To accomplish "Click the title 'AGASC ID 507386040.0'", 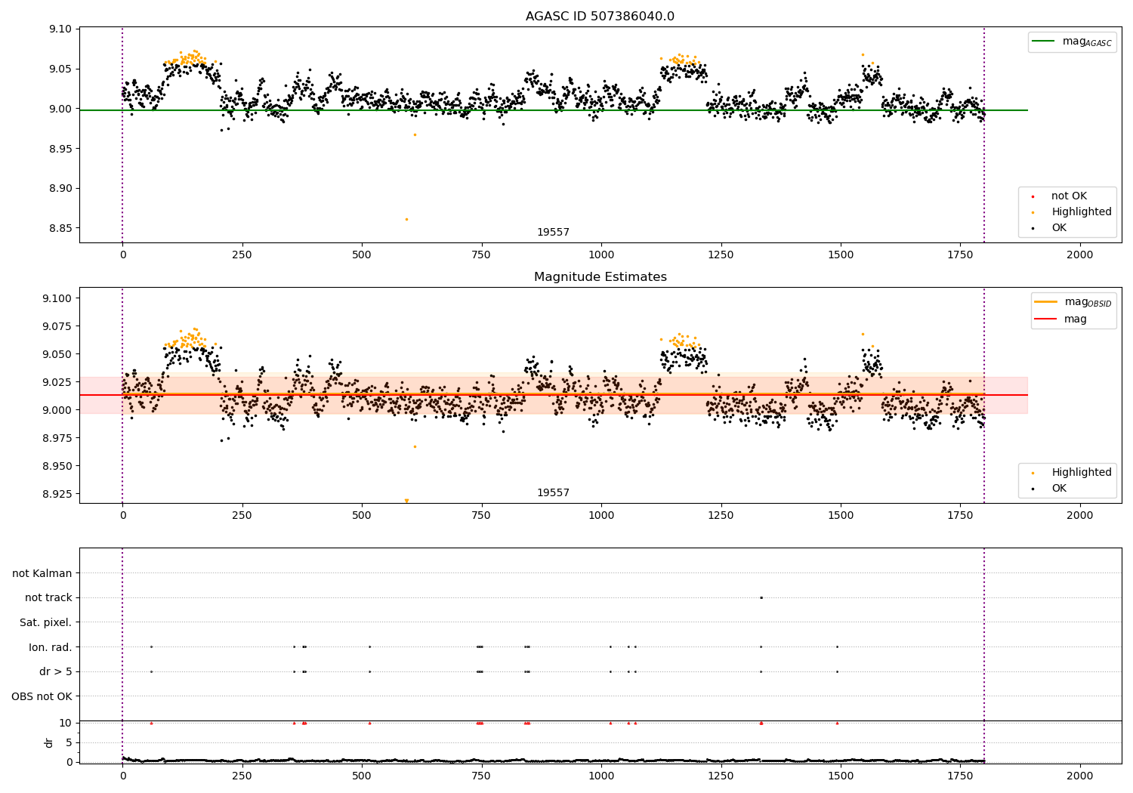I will pyautogui.click(x=600, y=17).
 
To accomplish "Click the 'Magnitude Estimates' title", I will pyautogui.click(x=600, y=277).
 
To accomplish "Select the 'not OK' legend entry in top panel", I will pyautogui.click(x=1069, y=196).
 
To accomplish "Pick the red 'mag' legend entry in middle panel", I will pyautogui.click(x=1075, y=319).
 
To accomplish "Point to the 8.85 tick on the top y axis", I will pyautogui.click(x=60, y=228).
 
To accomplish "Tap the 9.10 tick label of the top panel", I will pyautogui.click(x=60, y=29).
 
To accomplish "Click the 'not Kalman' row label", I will pyautogui.click(x=42, y=573).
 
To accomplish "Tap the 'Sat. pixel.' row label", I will pyautogui.click(x=45, y=622).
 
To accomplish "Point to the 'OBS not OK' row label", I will pyautogui.click(x=42, y=696).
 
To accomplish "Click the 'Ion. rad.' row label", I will pyautogui.click(x=50, y=647).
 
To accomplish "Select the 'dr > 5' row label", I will pyautogui.click(x=55, y=671).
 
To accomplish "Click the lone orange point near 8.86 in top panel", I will pyautogui.click(x=406, y=219).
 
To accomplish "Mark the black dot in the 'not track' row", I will pyautogui.click(x=761, y=597).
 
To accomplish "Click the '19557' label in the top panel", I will pyautogui.click(x=553, y=233).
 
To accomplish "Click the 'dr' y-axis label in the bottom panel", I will pyautogui.click(x=49, y=742).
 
